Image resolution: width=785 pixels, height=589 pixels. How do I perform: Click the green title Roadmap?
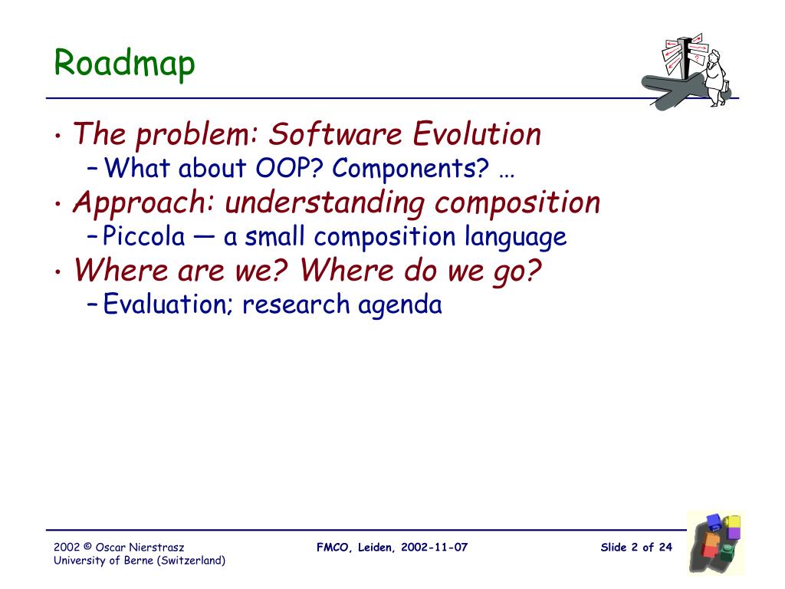(124, 64)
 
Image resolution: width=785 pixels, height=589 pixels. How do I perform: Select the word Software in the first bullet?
(335, 134)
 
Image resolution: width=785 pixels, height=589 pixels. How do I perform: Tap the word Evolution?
(477, 134)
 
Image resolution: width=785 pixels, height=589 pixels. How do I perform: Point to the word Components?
(411, 169)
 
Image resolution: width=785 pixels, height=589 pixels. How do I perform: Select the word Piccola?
(143, 236)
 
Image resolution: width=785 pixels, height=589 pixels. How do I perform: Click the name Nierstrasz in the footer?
(156, 548)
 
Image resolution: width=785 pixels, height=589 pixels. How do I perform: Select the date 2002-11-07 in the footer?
(434, 548)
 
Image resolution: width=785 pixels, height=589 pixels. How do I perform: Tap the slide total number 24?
(665, 548)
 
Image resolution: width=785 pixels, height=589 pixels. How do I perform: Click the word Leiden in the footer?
(375, 548)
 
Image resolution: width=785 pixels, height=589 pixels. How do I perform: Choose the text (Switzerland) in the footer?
(191, 561)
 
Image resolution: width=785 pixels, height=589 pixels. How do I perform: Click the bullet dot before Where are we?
(59, 272)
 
